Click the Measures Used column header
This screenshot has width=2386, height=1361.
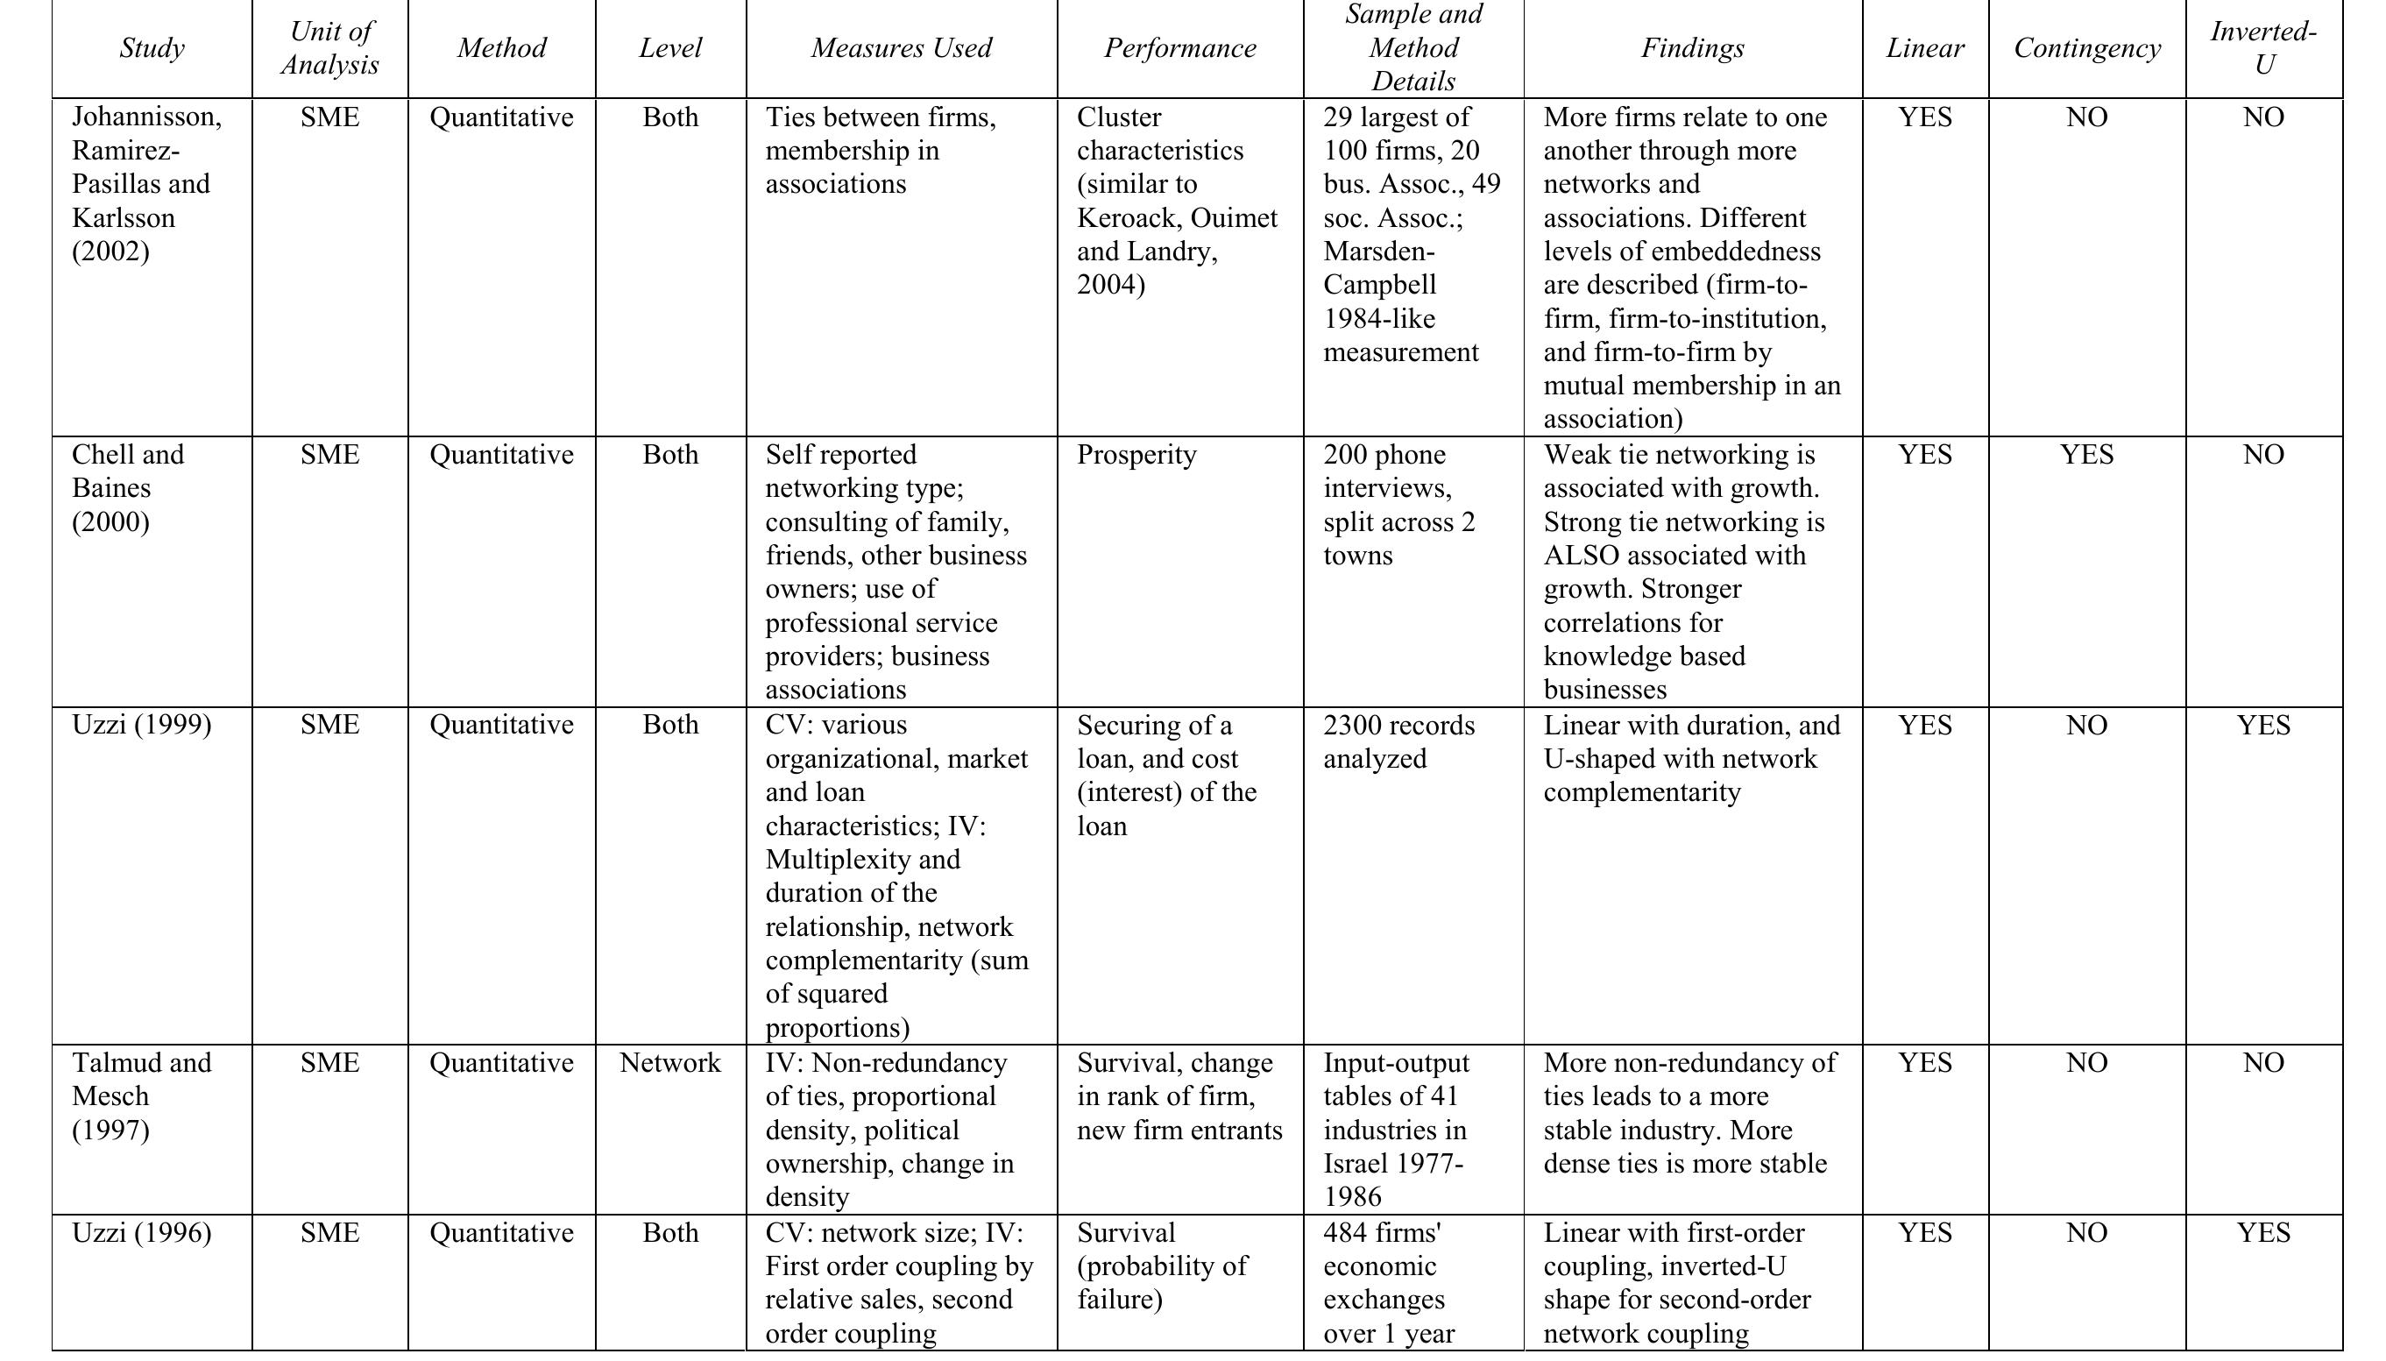coord(901,48)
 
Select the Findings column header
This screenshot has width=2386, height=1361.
coord(1692,48)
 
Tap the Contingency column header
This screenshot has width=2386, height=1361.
coord(2086,48)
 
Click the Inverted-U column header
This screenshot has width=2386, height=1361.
coord(2262,48)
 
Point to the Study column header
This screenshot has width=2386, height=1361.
coord(152,48)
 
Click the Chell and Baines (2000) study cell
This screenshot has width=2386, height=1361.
coord(128,488)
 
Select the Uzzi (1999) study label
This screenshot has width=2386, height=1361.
coord(141,726)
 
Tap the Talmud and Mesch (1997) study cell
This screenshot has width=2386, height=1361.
coord(141,1096)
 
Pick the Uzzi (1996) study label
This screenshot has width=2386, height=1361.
coord(141,1233)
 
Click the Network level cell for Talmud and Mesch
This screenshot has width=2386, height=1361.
coord(670,1063)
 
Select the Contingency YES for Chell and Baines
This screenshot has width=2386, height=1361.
coord(2086,455)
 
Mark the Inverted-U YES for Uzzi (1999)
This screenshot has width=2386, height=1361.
coord(2262,726)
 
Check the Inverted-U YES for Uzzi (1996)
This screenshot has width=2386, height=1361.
coord(2262,1233)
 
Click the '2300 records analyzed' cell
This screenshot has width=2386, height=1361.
coord(1398,742)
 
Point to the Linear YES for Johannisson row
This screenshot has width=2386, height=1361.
coord(1924,117)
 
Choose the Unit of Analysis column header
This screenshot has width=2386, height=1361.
coord(330,48)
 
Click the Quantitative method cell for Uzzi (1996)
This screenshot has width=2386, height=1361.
coord(501,1233)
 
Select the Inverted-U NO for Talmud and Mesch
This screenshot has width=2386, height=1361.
coord(2262,1063)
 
